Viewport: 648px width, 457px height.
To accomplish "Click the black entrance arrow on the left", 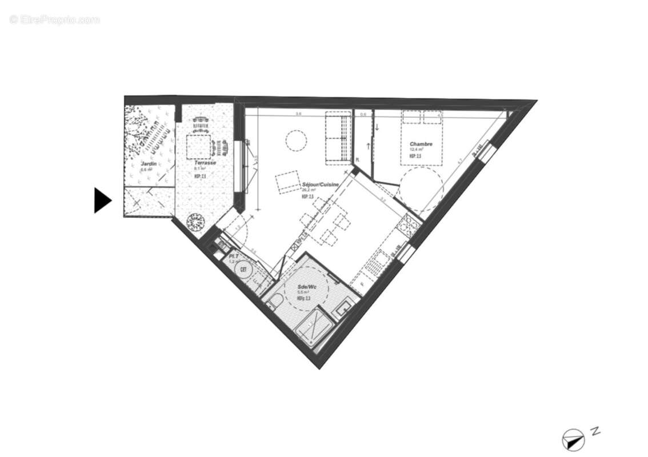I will (102, 201).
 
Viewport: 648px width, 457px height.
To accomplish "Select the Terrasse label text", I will (204, 163).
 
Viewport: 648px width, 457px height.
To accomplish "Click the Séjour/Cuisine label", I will (321, 185).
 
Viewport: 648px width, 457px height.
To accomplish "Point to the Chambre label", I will (420, 144).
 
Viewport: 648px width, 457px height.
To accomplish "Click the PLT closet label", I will (233, 256).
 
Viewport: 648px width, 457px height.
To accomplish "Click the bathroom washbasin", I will (344, 308).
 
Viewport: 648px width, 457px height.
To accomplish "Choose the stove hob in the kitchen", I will (410, 227).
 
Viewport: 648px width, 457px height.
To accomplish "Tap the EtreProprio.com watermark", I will (55, 19).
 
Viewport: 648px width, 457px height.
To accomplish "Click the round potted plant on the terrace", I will (196, 221).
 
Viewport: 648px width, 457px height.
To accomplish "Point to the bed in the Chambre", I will (422, 137).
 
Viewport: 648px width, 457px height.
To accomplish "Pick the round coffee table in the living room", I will (296, 141).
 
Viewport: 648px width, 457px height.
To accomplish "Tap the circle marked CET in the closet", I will (244, 269).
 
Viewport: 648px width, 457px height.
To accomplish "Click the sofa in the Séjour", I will (338, 138).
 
